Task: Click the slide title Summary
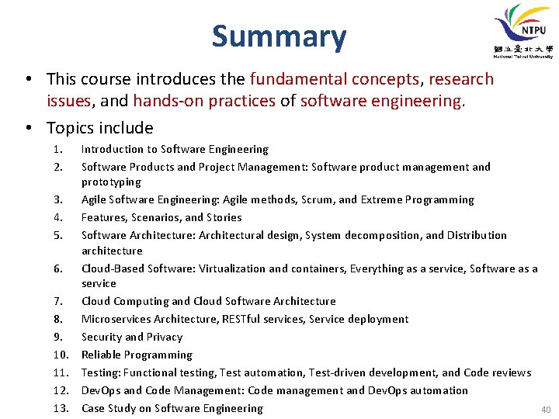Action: tap(279, 36)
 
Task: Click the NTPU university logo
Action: tap(523, 31)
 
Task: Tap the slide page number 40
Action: tap(544, 409)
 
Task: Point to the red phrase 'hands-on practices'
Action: tap(204, 101)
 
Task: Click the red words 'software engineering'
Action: tap(380, 101)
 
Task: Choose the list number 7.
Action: tap(57, 301)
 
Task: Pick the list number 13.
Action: tap(61, 408)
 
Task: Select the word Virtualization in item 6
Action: tap(232, 268)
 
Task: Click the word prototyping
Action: tap(111, 182)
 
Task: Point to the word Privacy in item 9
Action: tap(164, 337)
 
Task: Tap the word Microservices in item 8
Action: tap(116, 319)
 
